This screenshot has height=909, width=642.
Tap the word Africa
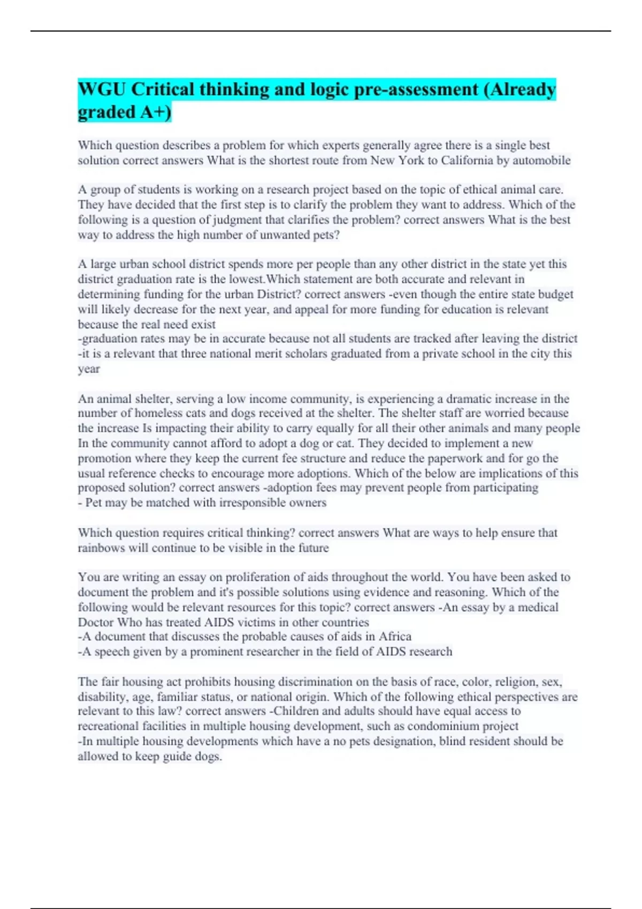point(395,636)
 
